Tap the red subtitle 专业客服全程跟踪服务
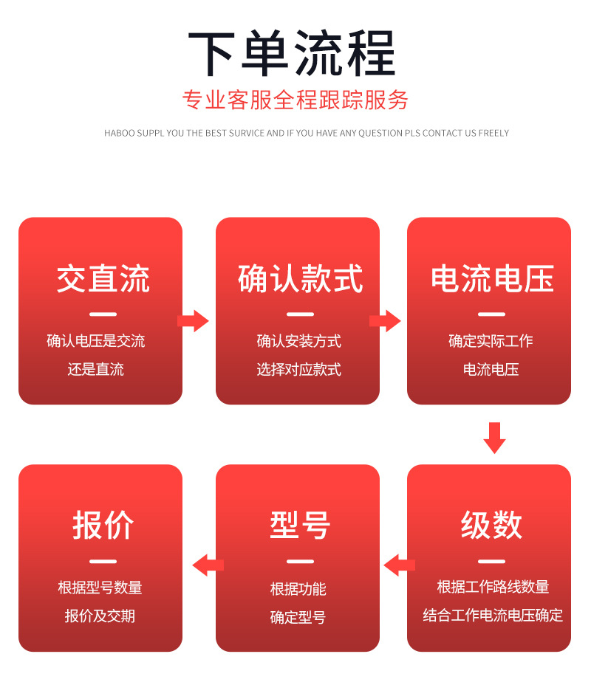pos(295,100)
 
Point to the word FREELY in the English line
pos(494,134)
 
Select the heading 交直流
pos(103,279)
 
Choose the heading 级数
pos(491,526)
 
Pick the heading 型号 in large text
pos(299,526)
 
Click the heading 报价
pos(103,526)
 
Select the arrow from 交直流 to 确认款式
pos(194,321)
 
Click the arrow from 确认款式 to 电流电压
pos(385,321)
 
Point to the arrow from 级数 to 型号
pos(399,565)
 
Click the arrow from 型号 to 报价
pos(208,565)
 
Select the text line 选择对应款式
pos(298,369)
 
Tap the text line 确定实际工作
pos(491,341)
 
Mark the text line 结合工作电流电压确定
pos(493,615)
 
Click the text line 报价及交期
pos(100,616)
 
